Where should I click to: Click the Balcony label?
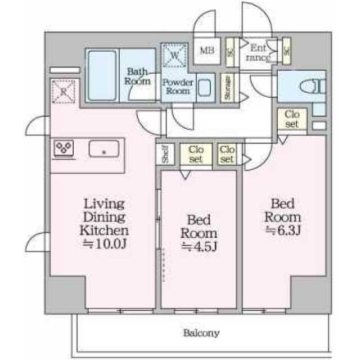(201, 332)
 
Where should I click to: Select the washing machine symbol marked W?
(174, 56)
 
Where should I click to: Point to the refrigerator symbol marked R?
(63, 91)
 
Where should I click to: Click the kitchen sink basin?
(103, 150)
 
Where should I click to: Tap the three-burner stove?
(64, 148)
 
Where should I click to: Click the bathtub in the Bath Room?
(101, 75)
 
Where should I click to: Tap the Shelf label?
(165, 154)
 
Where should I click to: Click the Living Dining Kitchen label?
(105, 217)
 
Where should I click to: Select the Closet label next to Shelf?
(196, 154)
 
